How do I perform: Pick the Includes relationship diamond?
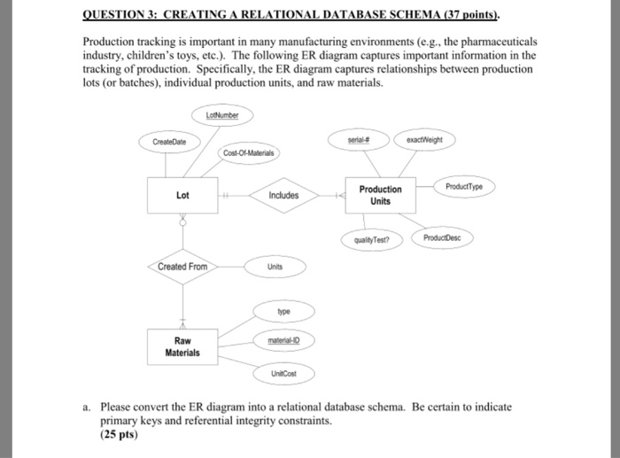coord(283,195)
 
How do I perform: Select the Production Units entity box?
coord(380,195)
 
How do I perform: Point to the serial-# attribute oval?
coord(359,139)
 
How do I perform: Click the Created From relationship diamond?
coord(182,266)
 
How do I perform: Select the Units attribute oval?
coord(275,266)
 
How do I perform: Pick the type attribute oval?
coord(283,312)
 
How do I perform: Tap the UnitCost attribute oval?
coord(283,374)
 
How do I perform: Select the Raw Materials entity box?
coord(182,345)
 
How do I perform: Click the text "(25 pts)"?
coord(120,437)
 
